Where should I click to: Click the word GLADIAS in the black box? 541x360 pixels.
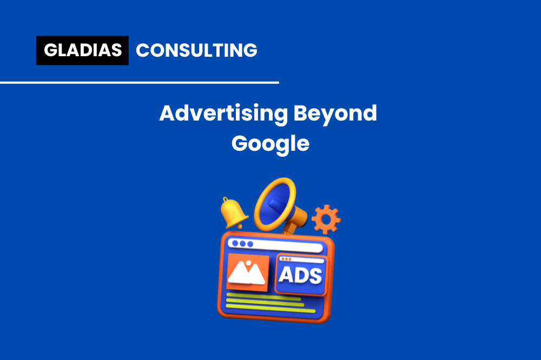82,50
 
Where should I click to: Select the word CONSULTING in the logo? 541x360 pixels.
196,50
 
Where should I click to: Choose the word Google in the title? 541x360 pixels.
270,143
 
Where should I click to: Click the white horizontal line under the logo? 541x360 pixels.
140,83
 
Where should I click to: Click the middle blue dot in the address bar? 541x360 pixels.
242,244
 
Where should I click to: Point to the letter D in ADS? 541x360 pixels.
300,276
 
